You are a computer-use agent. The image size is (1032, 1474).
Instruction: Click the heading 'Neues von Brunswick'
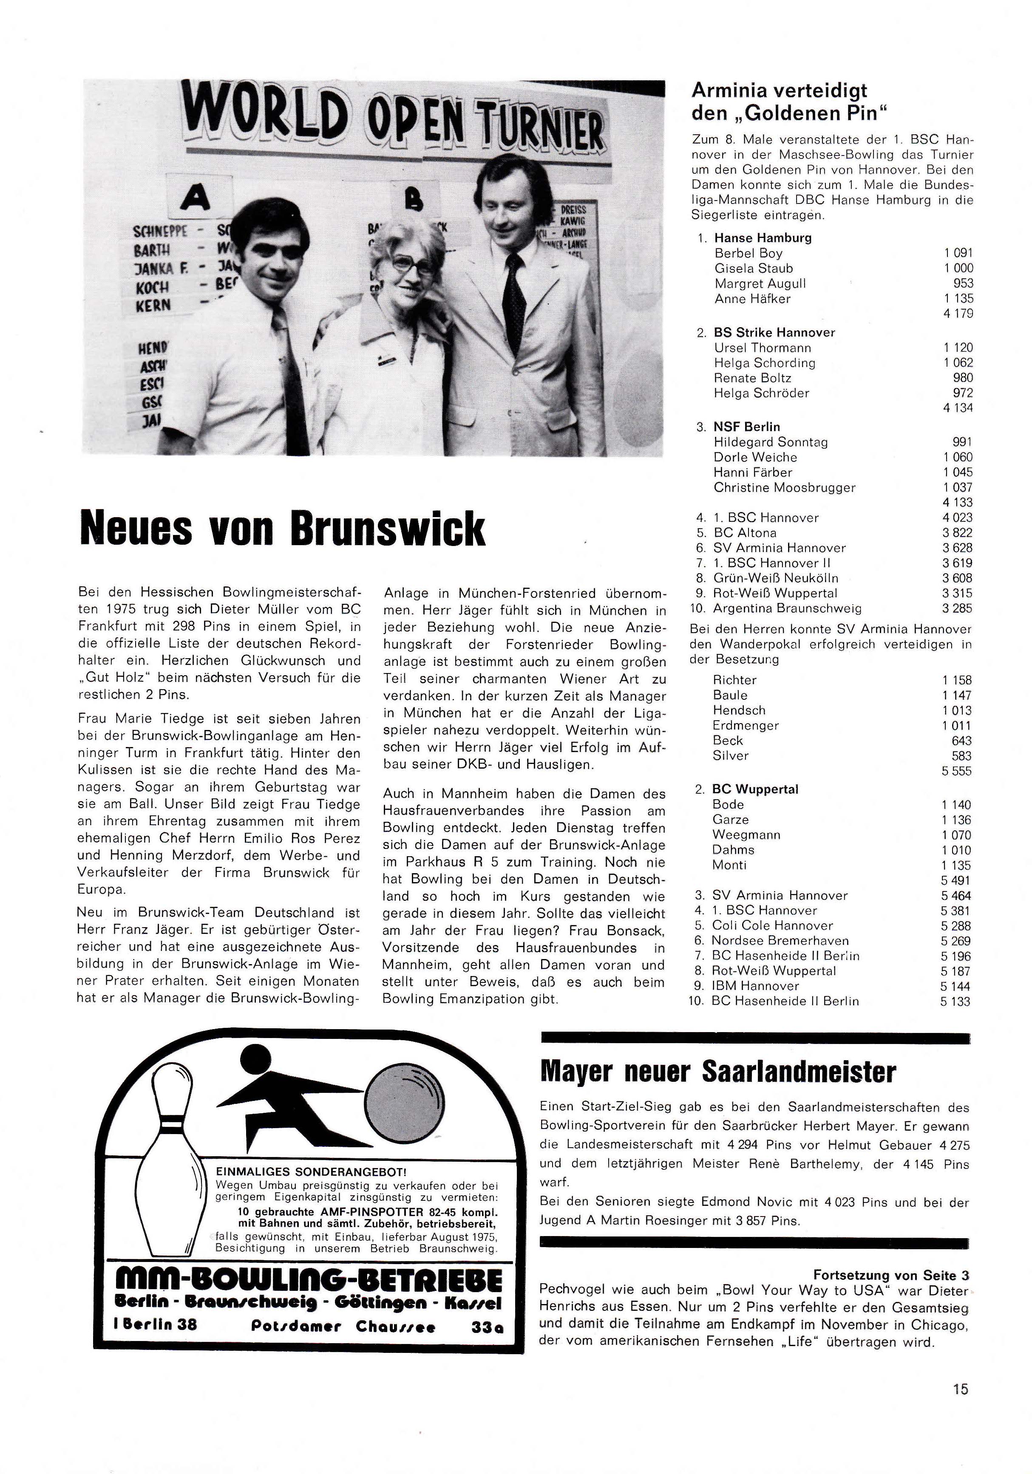tap(283, 528)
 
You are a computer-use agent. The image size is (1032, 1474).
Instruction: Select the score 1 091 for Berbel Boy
tap(958, 253)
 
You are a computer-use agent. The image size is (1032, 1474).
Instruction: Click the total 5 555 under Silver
tap(956, 771)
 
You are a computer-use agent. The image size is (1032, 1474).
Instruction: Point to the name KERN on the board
tap(153, 305)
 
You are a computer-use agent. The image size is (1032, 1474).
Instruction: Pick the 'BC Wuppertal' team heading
tap(755, 789)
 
